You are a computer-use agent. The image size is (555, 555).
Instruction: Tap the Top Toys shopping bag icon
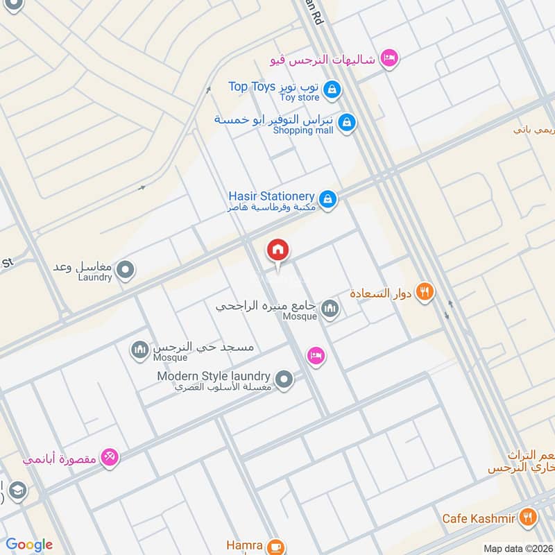tap(333, 88)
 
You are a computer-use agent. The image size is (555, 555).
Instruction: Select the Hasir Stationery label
tap(271, 197)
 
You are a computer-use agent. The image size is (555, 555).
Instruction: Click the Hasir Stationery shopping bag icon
tap(329, 200)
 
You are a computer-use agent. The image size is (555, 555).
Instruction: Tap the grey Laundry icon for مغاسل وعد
tap(126, 270)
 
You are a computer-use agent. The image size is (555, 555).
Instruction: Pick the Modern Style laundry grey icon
tap(284, 379)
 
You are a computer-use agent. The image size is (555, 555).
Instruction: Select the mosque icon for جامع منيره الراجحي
tap(330, 308)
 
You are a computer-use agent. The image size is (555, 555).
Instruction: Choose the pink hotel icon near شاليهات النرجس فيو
tap(389, 59)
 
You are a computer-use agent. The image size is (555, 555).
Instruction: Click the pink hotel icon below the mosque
tap(316, 355)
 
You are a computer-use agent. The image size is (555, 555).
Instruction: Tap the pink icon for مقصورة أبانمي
tap(110, 457)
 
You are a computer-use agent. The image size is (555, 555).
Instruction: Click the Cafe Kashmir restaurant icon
tap(529, 516)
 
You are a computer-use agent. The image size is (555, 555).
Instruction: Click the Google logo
tap(29, 545)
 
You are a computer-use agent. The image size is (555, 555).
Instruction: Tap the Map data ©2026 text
tap(517, 548)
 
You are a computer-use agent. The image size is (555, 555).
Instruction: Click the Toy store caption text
tap(300, 97)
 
